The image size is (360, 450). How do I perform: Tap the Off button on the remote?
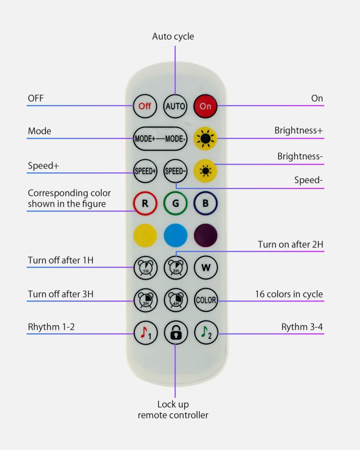[x=145, y=106]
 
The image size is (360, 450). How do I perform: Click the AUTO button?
[x=175, y=106]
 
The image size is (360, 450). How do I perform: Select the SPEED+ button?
[x=145, y=171]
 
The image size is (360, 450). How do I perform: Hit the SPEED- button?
[x=175, y=171]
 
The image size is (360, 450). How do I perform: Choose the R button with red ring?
[x=145, y=204]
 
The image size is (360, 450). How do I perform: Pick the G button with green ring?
[x=175, y=204]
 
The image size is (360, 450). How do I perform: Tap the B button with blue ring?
[x=206, y=204]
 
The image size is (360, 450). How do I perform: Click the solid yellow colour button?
[x=145, y=235]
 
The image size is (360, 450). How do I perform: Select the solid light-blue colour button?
[x=175, y=235]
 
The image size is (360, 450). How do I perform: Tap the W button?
[x=206, y=268]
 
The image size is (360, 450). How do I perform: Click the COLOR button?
[x=206, y=300]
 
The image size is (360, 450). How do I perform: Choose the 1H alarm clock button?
[x=145, y=268]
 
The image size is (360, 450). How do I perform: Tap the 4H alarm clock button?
[x=175, y=300]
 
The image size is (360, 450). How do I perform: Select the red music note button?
[x=145, y=333]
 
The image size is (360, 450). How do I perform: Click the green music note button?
[x=206, y=333]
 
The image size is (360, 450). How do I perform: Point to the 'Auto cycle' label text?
[x=173, y=37]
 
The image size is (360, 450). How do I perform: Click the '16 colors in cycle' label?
[x=289, y=294]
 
